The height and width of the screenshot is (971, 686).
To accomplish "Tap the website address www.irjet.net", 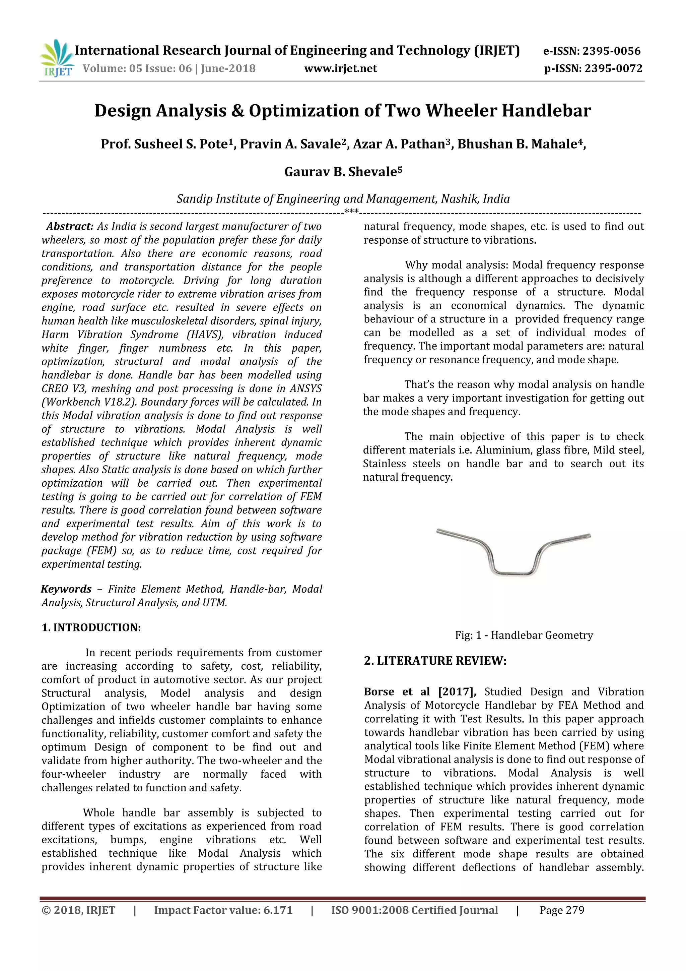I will [340, 68].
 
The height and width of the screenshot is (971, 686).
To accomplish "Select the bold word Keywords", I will [66, 589].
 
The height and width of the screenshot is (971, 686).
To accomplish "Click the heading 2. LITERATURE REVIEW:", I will [435, 661].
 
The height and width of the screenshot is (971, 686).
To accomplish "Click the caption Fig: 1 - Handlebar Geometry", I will [524, 635].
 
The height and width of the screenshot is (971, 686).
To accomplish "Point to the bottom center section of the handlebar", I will [513, 574].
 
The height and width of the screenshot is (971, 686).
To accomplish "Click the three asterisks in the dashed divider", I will [351, 211].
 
